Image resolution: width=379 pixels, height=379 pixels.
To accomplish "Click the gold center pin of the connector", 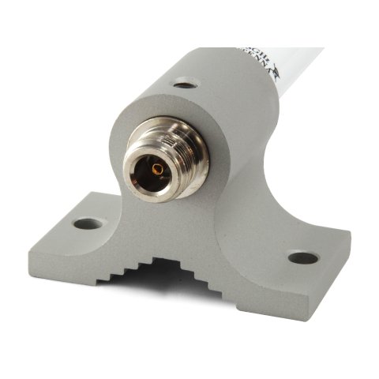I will [156, 168].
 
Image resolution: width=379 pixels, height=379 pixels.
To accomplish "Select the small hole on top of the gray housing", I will [185, 82].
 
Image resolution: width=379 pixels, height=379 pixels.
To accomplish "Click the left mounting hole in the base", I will [88, 224].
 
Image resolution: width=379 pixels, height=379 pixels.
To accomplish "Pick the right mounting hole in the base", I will [302, 257].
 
